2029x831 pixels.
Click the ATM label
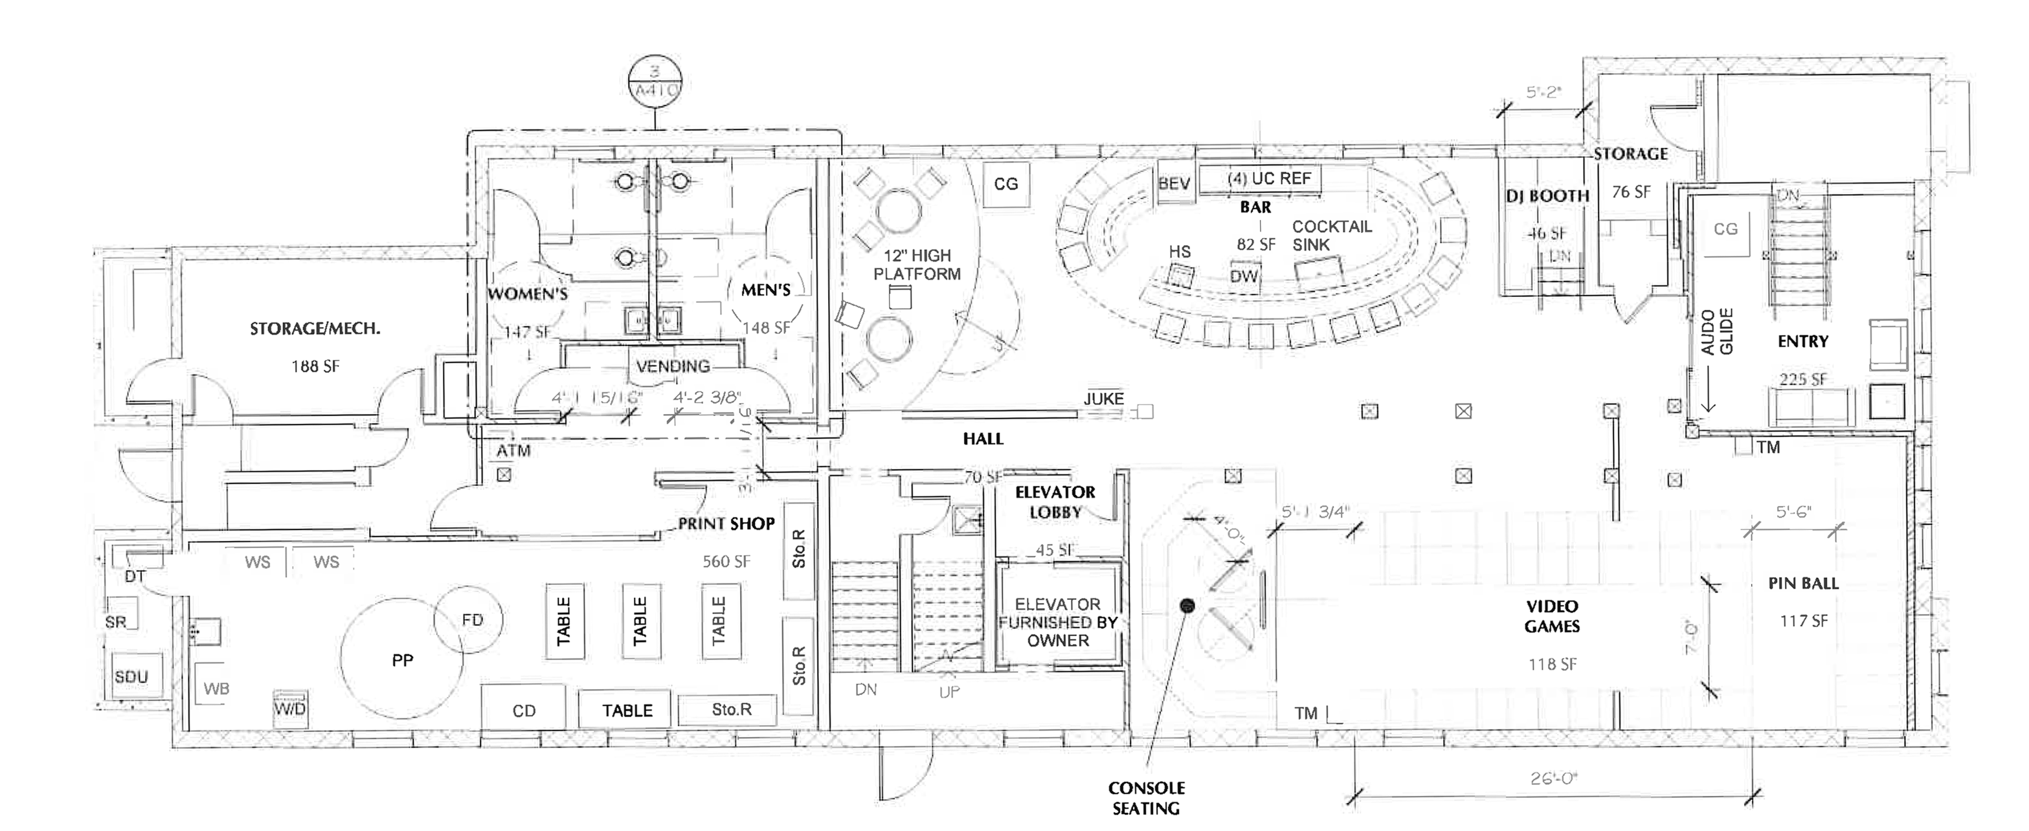(513, 450)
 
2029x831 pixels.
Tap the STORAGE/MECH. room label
(315, 329)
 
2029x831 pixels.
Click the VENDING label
(673, 366)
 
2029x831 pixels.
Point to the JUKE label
(1103, 399)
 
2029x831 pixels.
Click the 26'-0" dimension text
(1553, 778)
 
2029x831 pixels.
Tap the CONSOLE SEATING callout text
(1146, 798)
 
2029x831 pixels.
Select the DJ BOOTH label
(1547, 196)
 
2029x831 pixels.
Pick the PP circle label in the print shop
(403, 660)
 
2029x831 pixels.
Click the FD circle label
(472, 620)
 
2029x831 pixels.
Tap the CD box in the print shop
(524, 711)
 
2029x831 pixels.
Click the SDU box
(131, 676)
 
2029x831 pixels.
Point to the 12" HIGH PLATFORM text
(917, 265)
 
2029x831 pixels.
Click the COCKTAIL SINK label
(1332, 236)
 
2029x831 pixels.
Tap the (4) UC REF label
(1269, 179)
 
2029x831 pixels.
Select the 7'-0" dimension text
(1690, 638)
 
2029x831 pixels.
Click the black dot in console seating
(1187, 606)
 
